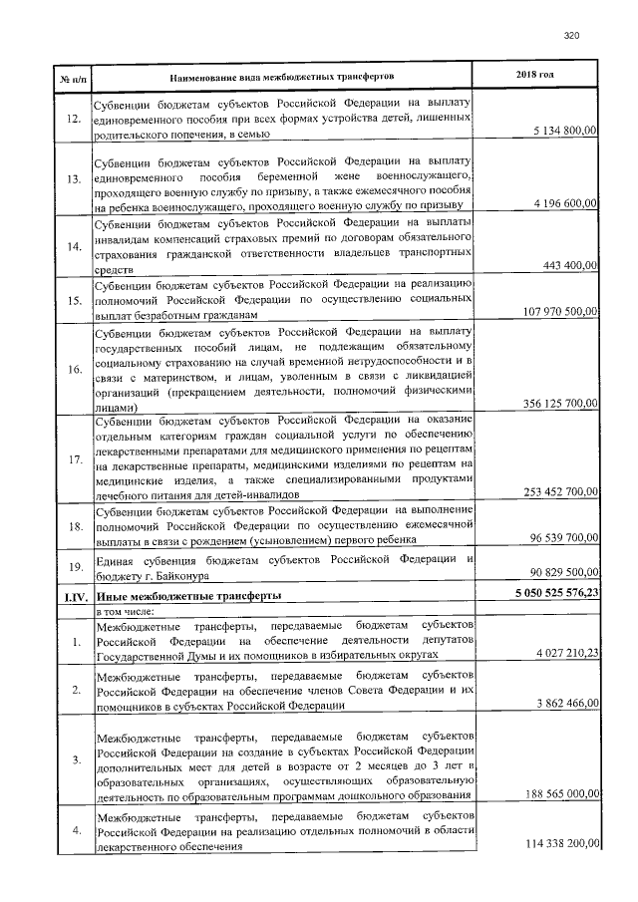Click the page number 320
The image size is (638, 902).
(x=571, y=36)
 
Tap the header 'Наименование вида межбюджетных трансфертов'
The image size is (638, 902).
(x=282, y=76)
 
